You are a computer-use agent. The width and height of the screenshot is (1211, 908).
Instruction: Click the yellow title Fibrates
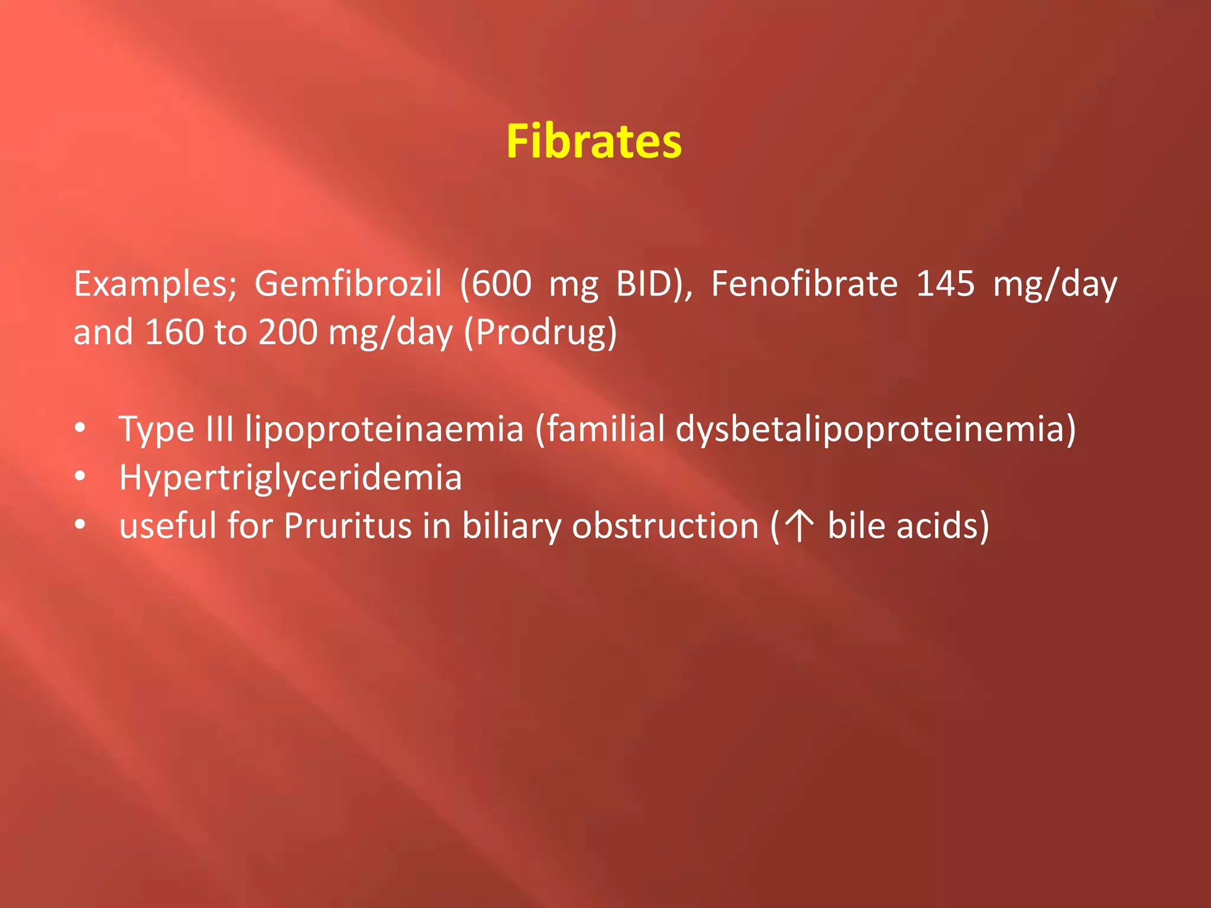click(x=594, y=142)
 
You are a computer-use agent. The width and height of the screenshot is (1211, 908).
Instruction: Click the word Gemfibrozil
click(x=348, y=284)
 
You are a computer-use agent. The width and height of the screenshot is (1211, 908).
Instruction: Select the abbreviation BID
click(x=645, y=284)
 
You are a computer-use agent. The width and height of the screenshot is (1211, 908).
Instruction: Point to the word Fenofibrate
click(x=804, y=284)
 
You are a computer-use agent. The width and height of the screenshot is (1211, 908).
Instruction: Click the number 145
click(x=945, y=284)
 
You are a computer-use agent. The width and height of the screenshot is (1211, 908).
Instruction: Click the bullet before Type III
click(x=80, y=427)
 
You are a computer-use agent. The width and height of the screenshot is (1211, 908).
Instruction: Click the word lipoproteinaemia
click(x=384, y=429)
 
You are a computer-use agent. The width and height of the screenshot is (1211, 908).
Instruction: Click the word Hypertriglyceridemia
click(x=290, y=478)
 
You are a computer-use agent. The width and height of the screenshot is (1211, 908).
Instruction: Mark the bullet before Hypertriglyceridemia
click(x=80, y=475)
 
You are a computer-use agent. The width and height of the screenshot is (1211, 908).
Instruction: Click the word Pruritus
click(x=348, y=526)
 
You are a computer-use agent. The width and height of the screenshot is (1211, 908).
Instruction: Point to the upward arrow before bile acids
click(x=799, y=526)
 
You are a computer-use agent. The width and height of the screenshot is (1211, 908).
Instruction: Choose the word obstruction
click(x=665, y=526)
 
